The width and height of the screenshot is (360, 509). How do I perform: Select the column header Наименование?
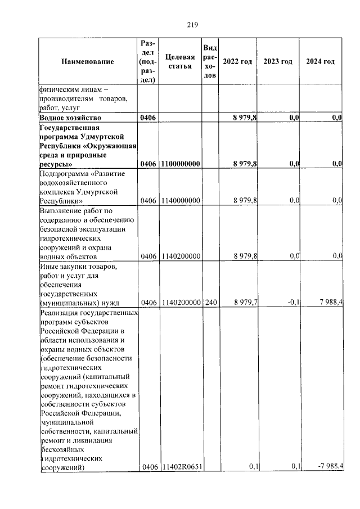coord(88,61)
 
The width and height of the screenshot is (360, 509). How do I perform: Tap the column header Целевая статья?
coord(180,61)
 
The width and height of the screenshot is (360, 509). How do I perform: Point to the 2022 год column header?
coord(237,61)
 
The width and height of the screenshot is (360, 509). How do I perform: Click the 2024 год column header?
coord(320,61)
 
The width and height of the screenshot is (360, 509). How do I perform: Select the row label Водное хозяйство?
coord(70,117)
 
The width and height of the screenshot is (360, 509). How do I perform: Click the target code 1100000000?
coord(181,164)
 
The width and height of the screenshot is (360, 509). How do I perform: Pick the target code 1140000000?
coord(181,200)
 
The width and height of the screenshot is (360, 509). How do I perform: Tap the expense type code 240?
coord(210,303)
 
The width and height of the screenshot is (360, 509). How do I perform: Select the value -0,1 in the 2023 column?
coord(292,303)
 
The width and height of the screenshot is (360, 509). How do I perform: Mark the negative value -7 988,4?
coord(328,466)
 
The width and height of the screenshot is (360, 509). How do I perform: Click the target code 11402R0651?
coord(181,466)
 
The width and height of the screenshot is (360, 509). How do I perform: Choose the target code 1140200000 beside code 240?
coord(181,303)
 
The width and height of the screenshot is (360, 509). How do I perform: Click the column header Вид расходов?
coord(210,61)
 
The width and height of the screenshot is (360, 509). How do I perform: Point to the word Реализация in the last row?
coord(60,313)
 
